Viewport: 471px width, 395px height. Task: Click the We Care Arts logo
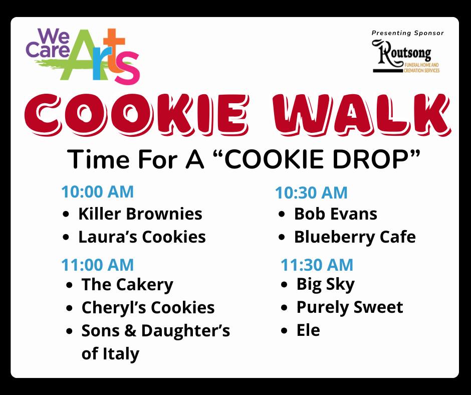coord(83,56)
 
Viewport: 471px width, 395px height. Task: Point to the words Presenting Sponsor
coord(408,33)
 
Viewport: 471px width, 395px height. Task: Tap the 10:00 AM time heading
coord(97,192)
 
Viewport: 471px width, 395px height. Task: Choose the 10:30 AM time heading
coord(311,192)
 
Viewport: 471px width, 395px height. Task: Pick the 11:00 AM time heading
coord(97,265)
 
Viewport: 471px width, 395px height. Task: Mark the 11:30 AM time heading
coord(317,265)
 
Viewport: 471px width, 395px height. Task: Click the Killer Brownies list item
coord(140,214)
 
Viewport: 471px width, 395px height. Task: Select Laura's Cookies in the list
coord(142,237)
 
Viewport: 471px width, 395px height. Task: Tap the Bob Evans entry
coord(336,214)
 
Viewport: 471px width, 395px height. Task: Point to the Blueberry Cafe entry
coord(355,237)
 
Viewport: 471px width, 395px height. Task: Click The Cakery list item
coord(127,285)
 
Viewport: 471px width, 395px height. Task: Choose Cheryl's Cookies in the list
coord(148,308)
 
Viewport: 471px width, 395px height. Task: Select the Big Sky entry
coord(326,284)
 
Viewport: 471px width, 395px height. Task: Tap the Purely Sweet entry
coord(350,307)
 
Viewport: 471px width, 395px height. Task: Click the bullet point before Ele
coord(285,331)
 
